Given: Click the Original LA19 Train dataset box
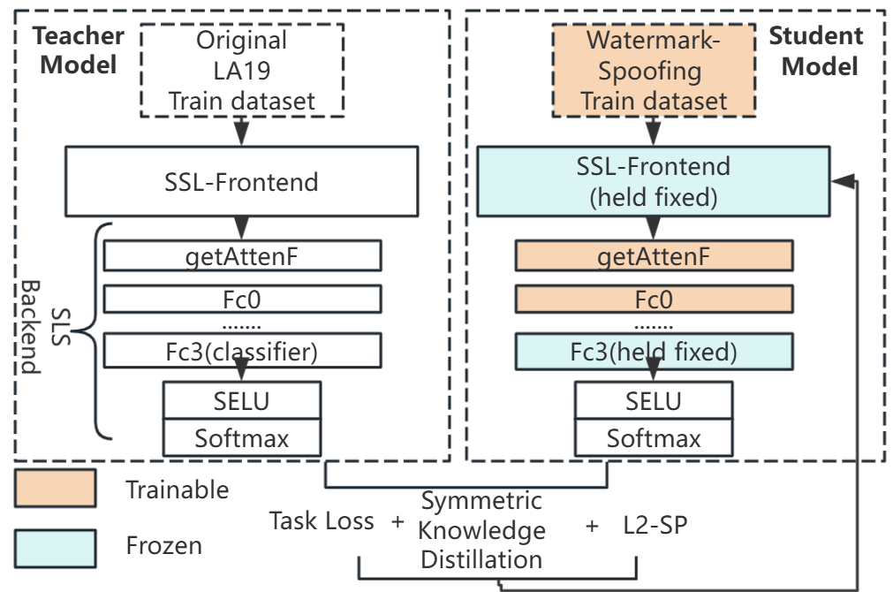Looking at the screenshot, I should coord(241,70).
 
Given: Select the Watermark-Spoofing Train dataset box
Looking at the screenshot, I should coord(654,70).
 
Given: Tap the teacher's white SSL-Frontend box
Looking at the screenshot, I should coord(241,183).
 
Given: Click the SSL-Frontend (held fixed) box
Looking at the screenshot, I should coord(654,182).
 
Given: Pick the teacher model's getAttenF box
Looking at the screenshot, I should coord(242,256).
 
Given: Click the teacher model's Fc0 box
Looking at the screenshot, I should coord(242,300).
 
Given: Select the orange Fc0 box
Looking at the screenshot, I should coord(654,300).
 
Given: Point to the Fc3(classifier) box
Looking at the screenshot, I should coord(242,352).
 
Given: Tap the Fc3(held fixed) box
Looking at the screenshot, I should coord(654,351).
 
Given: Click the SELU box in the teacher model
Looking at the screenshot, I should coord(241,400).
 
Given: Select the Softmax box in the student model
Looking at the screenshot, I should coord(654,437).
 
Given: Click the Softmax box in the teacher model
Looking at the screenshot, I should coord(241,437).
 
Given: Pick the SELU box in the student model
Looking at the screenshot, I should coord(654,400).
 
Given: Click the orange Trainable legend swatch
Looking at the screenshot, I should coord(55,489).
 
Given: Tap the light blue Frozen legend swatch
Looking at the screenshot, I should coord(55,545).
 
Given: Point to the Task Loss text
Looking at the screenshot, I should coord(322,521).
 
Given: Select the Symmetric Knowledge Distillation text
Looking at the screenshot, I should coord(481,529).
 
